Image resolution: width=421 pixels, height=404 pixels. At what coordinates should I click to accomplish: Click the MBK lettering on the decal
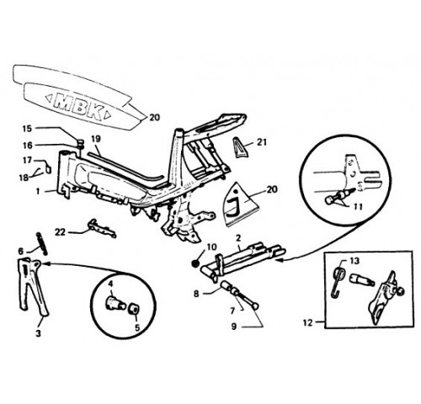(79, 105)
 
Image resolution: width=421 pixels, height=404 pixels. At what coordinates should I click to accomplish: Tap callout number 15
(28, 129)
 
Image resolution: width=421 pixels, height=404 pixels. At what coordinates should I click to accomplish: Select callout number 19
(96, 139)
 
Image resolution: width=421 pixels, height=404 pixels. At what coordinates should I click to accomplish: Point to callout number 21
(262, 142)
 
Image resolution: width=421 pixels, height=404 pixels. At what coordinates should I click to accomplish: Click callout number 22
(60, 232)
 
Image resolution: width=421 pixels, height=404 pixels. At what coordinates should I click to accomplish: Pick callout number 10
(212, 247)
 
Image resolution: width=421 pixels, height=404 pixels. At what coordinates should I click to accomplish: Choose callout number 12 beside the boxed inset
(308, 322)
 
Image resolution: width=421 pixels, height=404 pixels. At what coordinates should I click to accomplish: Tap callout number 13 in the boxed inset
(354, 261)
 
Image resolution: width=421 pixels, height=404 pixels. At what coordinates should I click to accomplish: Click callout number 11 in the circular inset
(358, 207)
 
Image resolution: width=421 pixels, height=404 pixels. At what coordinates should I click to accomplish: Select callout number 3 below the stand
(38, 333)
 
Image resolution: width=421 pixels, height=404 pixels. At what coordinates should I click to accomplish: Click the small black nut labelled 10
(195, 263)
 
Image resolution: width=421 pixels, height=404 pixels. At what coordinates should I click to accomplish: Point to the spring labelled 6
(41, 243)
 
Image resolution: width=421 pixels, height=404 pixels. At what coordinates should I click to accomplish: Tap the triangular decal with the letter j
(242, 201)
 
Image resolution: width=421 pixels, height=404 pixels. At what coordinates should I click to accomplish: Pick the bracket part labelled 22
(102, 228)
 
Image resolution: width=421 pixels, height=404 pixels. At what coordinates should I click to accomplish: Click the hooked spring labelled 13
(338, 281)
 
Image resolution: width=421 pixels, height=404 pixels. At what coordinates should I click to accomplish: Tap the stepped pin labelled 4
(115, 304)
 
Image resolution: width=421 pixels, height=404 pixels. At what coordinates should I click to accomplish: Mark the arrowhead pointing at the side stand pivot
(47, 263)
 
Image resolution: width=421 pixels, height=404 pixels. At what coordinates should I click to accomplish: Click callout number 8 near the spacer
(196, 294)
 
